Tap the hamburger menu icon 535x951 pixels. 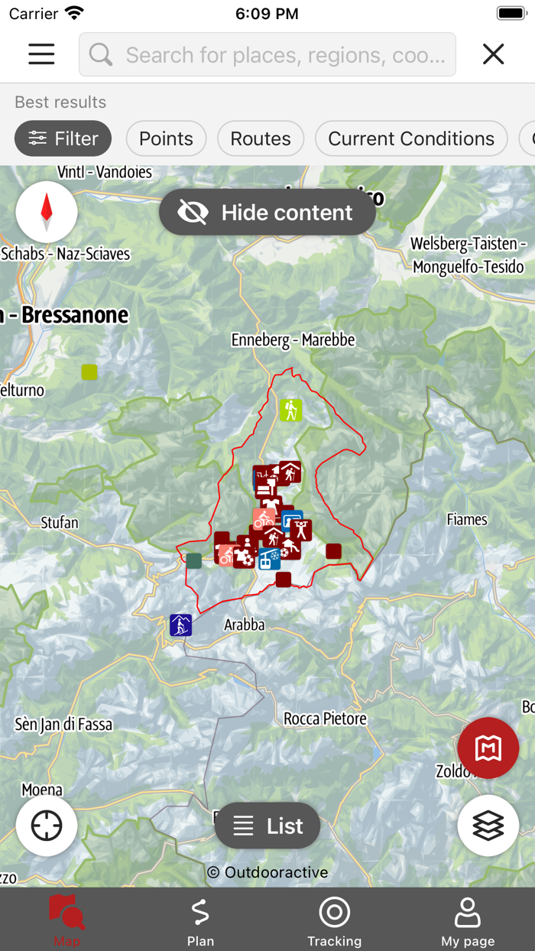(x=41, y=54)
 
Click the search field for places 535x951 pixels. (x=267, y=54)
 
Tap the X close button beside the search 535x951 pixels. (x=493, y=54)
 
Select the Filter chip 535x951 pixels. (x=63, y=138)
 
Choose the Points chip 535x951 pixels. (x=166, y=138)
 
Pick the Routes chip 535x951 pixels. (x=261, y=138)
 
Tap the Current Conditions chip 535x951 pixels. (x=411, y=138)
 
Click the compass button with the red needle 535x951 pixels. (x=47, y=212)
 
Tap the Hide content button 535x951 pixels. (x=267, y=213)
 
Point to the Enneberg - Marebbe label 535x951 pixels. (x=293, y=339)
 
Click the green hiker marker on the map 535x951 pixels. (x=290, y=410)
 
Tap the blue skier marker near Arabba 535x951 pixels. (x=181, y=625)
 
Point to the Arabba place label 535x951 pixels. (x=245, y=625)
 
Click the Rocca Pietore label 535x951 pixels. (x=325, y=719)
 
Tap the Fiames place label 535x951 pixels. (x=467, y=520)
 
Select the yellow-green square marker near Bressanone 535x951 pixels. (x=89, y=372)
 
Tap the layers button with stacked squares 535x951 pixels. (x=488, y=825)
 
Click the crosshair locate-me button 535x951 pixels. (x=47, y=825)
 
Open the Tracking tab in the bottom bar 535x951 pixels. (x=334, y=920)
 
